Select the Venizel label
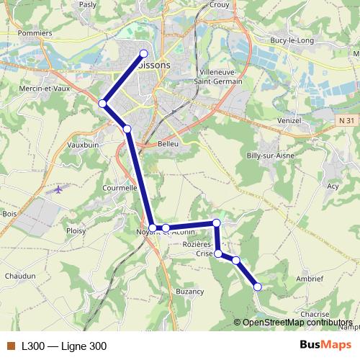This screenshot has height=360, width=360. point(288,120)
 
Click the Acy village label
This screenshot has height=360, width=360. point(333,186)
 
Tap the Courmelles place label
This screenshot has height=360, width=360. point(120,187)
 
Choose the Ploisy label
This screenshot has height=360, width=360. point(75,230)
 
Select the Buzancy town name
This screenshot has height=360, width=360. point(190,292)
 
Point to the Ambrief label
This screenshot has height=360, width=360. point(309,277)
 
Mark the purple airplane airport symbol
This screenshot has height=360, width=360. point(58,190)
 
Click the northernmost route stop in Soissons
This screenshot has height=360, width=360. point(144,53)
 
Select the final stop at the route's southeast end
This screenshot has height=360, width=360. point(258,287)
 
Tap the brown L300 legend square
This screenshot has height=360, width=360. point(10,346)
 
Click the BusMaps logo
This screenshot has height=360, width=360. point(325,346)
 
